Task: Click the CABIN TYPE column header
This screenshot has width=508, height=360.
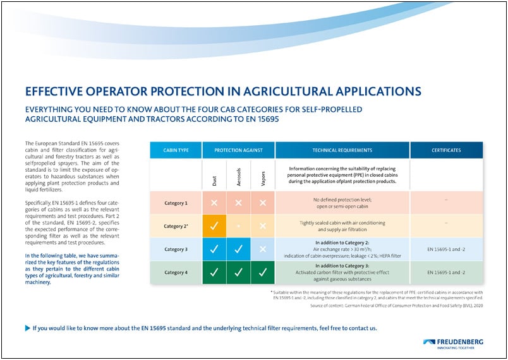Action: pyautogui.click(x=176, y=150)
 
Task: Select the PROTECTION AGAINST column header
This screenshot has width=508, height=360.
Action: pyautogui.click(x=238, y=150)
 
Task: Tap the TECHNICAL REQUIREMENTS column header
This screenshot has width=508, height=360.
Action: pyautogui.click(x=342, y=150)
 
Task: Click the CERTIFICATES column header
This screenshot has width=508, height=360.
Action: pyautogui.click(x=446, y=150)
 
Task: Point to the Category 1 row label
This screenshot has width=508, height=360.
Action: pyautogui.click(x=176, y=203)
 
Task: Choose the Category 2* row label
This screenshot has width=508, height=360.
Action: pyautogui.click(x=176, y=226)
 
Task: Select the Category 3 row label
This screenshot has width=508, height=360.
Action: pyautogui.click(x=176, y=249)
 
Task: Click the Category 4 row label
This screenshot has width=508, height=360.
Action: pyautogui.click(x=176, y=273)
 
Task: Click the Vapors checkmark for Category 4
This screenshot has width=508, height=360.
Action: pyautogui.click(x=262, y=273)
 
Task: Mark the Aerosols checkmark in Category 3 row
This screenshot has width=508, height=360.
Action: pyautogui.click(x=238, y=249)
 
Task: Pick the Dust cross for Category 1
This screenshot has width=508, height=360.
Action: pyautogui.click(x=214, y=203)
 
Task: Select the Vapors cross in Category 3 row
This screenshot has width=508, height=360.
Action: pyautogui.click(x=262, y=249)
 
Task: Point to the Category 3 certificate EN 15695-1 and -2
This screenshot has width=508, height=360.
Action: pyautogui.click(x=446, y=249)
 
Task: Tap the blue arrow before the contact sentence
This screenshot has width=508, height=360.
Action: pyautogui.click(x=27, y=328)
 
